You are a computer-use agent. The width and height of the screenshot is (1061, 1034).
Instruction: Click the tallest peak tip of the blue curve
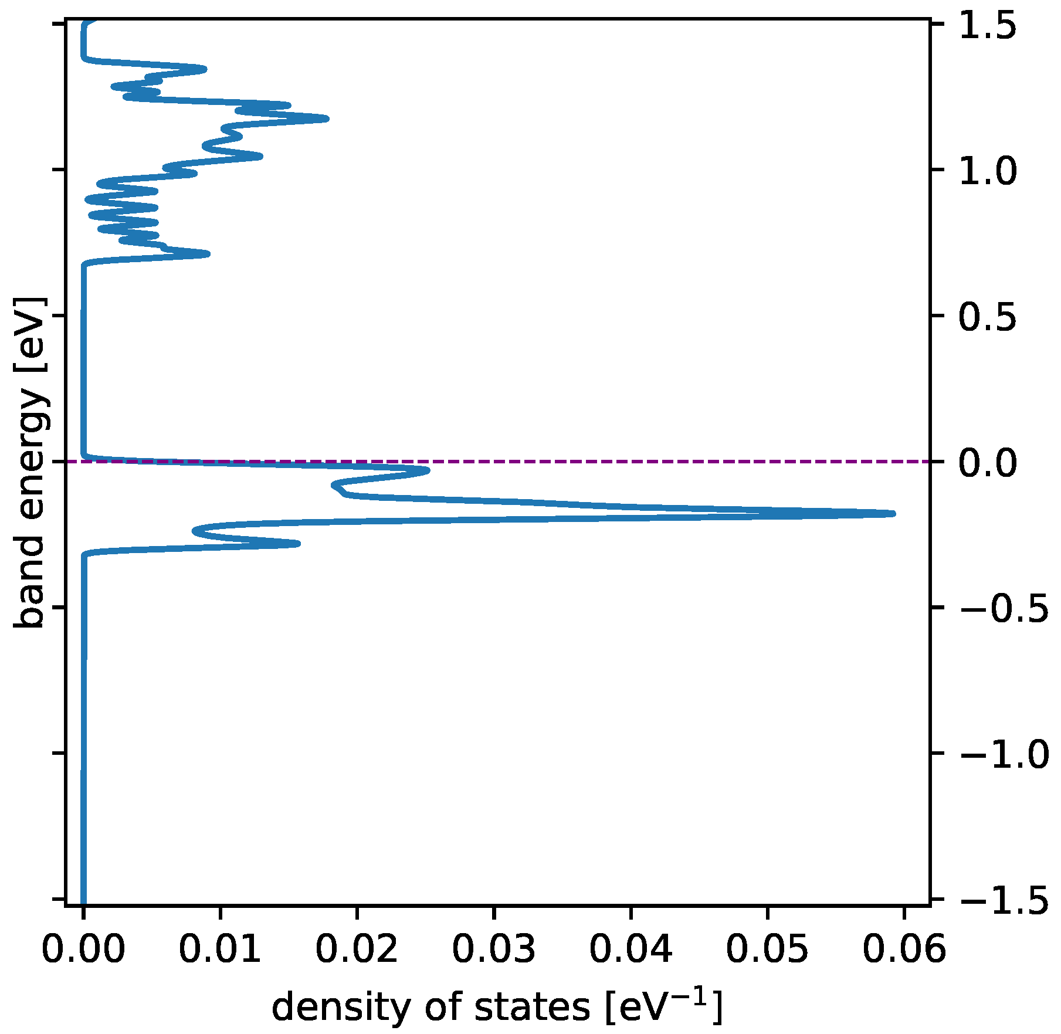[893, 513]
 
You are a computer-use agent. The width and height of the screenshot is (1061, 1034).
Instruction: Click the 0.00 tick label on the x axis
[83, 950]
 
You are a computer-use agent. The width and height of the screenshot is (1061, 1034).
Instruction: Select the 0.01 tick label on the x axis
[220, 950]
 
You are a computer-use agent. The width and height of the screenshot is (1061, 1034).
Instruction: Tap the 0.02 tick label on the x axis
[357, 950]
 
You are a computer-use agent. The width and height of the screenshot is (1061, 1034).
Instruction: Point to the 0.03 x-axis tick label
[494, 950]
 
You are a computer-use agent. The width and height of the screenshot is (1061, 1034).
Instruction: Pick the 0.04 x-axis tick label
[631, 950]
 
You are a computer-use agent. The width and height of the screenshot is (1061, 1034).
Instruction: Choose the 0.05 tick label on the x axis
[767, 950]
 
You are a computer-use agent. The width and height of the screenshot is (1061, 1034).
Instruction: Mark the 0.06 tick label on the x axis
[904, 950]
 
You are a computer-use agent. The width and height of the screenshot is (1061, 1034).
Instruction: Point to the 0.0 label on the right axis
[987, 463]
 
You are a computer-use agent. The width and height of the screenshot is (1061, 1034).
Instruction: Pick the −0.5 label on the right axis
[1004, 609]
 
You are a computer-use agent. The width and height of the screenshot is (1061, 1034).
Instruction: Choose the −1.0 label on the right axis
[1004, 754]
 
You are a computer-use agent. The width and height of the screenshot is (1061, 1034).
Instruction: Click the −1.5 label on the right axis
[1004, 900]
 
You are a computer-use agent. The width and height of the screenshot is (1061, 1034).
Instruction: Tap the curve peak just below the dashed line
[428, 470]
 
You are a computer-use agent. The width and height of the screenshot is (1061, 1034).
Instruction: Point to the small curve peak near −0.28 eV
[298, 544]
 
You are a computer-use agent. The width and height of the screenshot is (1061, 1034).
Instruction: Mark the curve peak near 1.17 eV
[326, 119]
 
